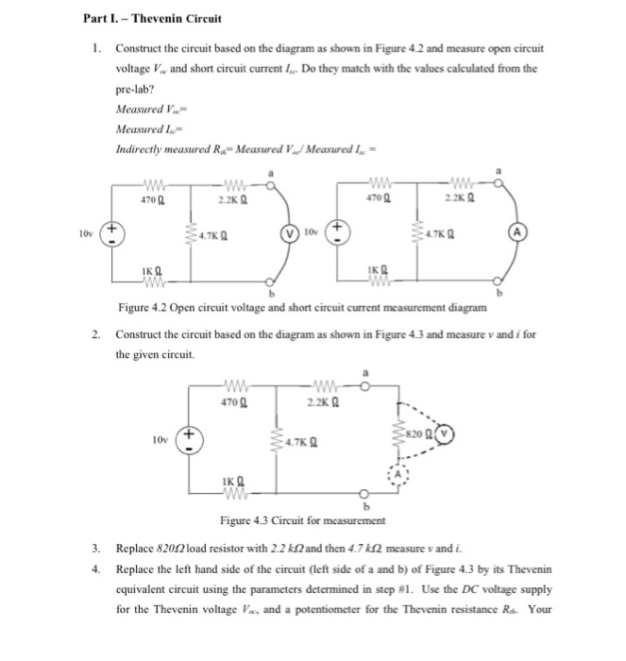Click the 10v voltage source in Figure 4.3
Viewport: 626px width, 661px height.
click(x=189, y=438)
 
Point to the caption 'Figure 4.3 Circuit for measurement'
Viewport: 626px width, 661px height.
click(x=300, y=520)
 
